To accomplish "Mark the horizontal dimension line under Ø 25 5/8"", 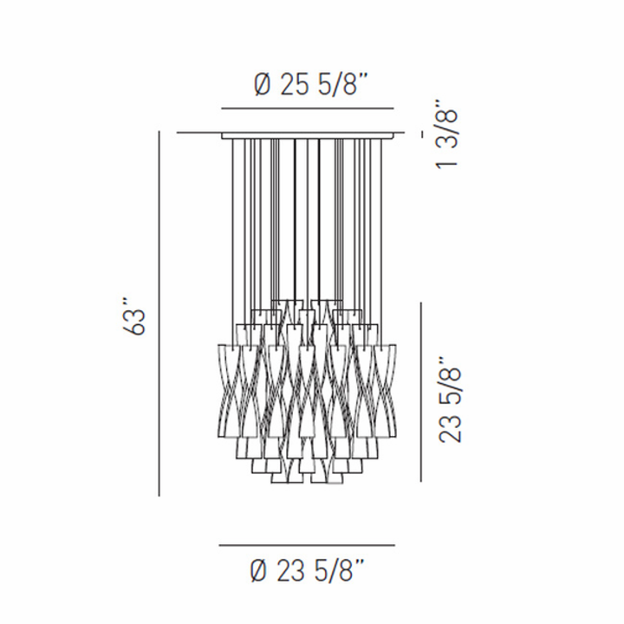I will coord(309,109).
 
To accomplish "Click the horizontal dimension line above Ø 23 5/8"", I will coord(307,546).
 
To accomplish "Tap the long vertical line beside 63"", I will coord(159,312).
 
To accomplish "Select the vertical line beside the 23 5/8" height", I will coord(422,392).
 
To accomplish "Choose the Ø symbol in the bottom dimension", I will coord(257,571).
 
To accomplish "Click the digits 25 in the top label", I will coord(289,85).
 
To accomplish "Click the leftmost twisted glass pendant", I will coord(228,390).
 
